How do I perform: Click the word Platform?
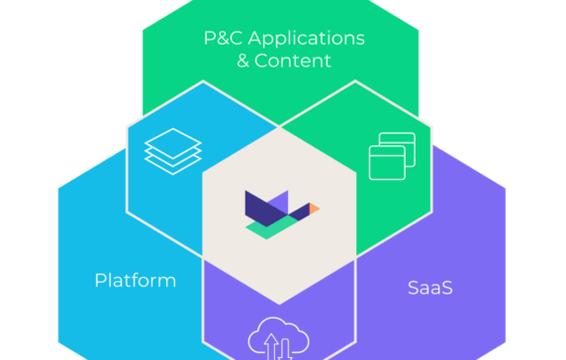click(136, 280)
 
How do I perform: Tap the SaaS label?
click(430, 288)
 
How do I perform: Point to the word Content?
click(293, 60)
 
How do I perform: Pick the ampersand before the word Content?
click(244, 60)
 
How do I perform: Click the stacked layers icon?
click(172, 151)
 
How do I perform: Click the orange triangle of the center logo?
click(315, 209)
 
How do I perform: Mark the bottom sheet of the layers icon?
click(172, 164)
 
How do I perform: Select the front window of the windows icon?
click(387, 163)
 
